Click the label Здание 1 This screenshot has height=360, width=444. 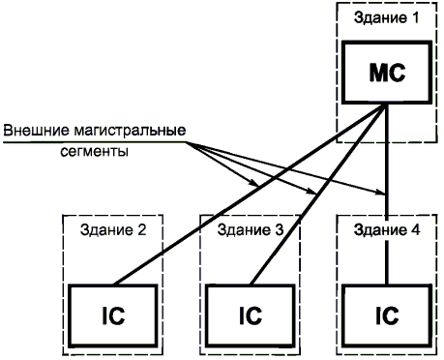(386, 17)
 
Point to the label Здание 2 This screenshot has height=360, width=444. (113, 230)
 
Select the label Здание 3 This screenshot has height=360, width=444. (251, 230)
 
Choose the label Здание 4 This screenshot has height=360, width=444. (387, 230)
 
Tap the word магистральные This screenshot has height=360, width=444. (130, 131)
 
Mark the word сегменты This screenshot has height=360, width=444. (94, 151)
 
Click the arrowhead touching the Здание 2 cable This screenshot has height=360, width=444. (254, 184)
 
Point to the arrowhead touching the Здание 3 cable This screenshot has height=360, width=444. (311, 193)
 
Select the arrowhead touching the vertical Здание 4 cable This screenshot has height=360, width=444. (380, 194)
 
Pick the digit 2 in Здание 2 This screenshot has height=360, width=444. (142, 230)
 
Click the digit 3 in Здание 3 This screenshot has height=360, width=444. (280, 230)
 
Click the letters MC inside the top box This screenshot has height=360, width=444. (387, 73)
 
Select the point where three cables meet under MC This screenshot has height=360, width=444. (386, 105)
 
